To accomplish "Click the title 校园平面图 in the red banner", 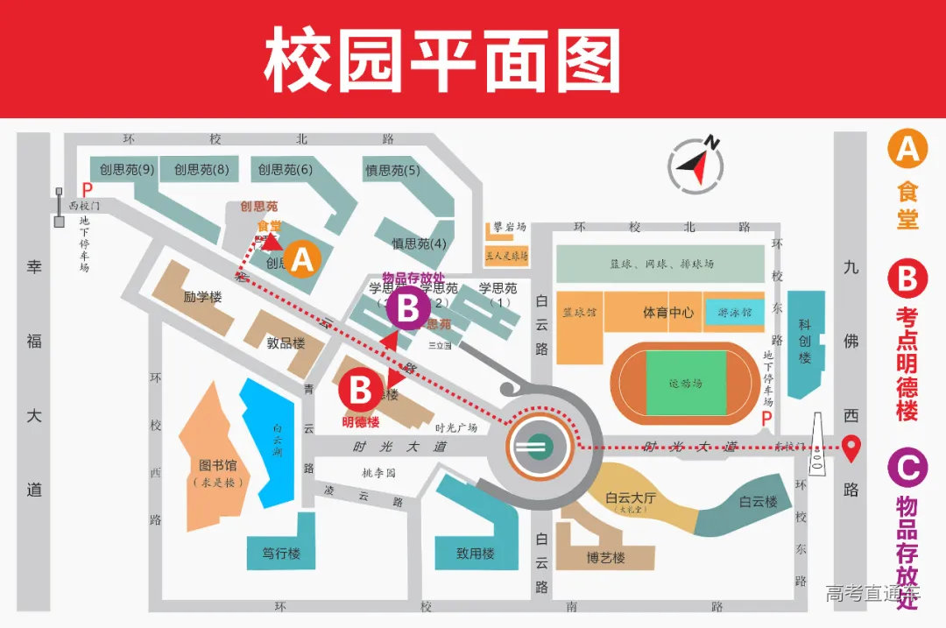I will [441, 60].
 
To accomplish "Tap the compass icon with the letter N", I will [696, 163].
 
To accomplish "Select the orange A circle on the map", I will [302, 259].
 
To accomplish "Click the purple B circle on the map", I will [407, 308].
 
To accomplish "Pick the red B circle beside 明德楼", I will [361, 391].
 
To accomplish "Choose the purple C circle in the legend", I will [907, 467].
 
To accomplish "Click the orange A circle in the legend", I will [907, 149].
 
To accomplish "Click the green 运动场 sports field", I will [686, 383].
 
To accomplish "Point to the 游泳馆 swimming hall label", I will [734, 312].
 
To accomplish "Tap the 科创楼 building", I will [805, 341].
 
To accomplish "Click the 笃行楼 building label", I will [281, 554].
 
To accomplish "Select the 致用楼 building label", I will [476, 554].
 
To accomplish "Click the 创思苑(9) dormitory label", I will [127, 170].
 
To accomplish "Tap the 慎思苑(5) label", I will [392, 171].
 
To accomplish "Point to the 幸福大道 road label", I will [34, 377].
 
